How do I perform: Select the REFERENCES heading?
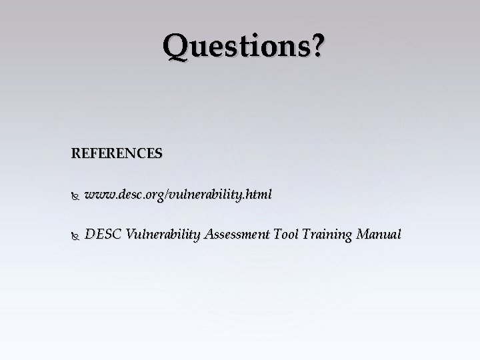pos(116,153)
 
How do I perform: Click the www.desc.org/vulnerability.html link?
pos(179,195)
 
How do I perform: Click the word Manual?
pos(379,235)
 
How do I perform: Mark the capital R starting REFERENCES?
pos(76,153)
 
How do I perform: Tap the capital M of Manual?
pos(364,235)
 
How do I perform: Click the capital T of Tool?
pos(277,235)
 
